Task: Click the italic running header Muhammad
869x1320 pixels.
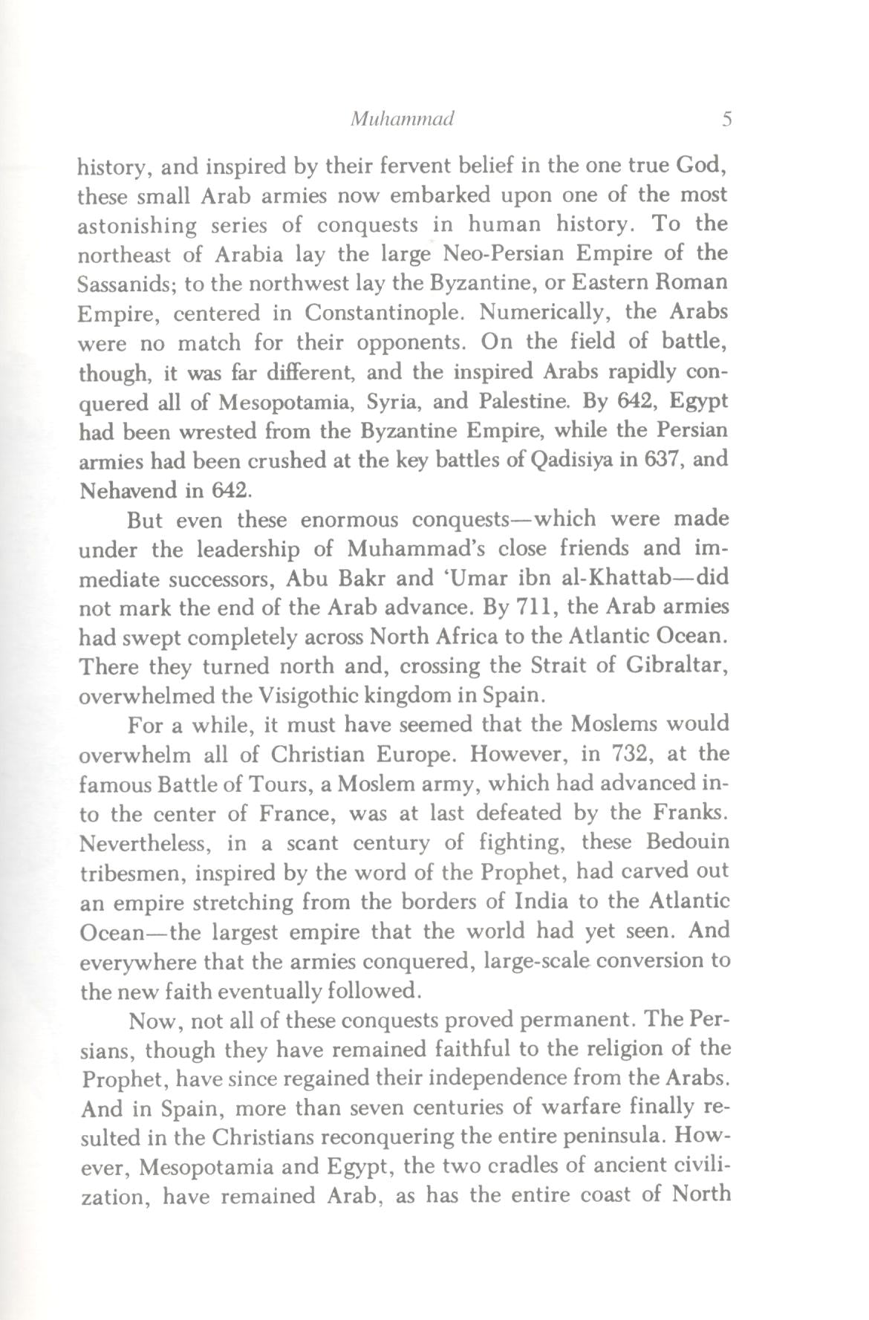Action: point(402,120)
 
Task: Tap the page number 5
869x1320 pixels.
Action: point(726,120)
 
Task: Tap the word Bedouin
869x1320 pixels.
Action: point(688,842)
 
